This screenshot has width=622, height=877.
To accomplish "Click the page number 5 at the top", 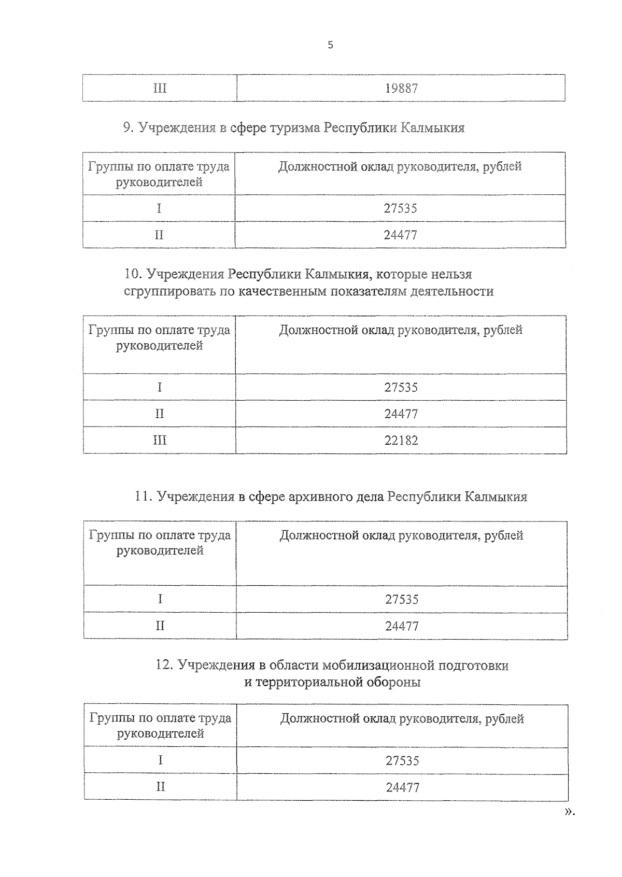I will (x=330, y=45).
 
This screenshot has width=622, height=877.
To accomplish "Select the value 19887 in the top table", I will (x=401, y=88).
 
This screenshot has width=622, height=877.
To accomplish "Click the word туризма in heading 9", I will (x=294, y=128).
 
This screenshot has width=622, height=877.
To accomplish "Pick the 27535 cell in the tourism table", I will (x=400, y=208).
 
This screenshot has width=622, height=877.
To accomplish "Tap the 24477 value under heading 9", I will (x=400, y=235).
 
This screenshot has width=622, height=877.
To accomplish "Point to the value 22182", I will (x=401, y=441).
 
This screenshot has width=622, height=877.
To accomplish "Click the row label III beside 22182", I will (x=160, y=441).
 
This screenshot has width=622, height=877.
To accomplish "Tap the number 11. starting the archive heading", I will (x=143, y=497).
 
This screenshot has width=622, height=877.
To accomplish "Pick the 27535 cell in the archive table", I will (x=402, y=599).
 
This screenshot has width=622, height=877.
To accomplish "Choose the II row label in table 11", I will (x=160, y=626).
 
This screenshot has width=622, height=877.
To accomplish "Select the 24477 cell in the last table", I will (x=402, y=787).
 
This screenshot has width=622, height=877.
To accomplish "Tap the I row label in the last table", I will (x=161, y=760).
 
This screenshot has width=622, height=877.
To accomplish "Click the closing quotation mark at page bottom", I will (x=569, y=812).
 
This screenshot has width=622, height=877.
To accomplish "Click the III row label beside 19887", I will (x=160, y=88).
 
